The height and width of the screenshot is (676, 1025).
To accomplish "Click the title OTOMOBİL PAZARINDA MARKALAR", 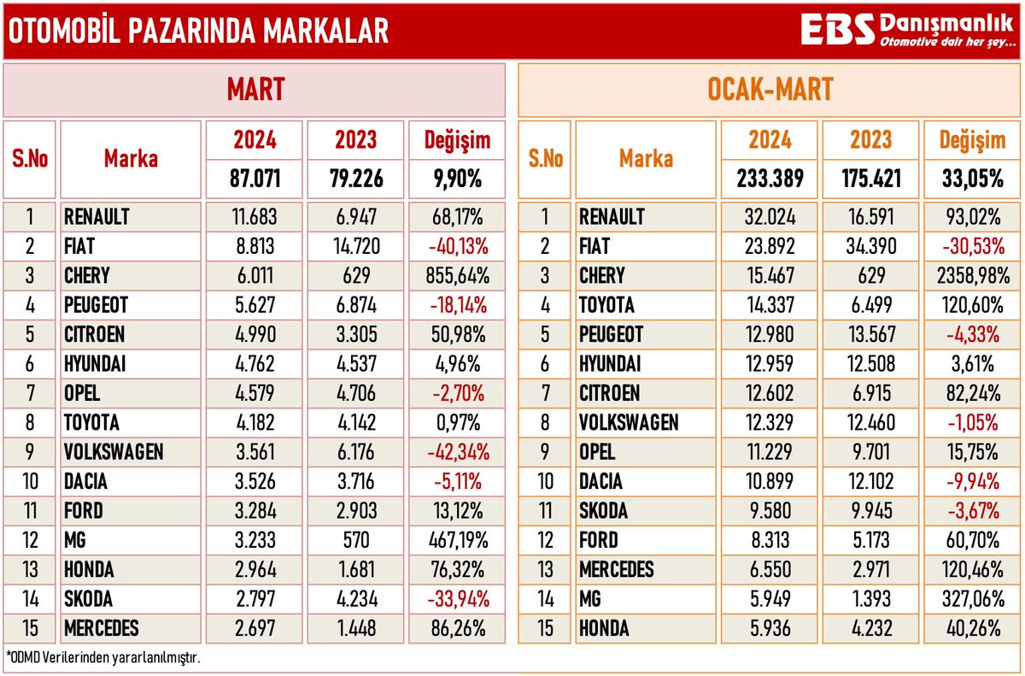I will [x=197, y=31].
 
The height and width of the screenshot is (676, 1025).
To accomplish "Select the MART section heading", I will [x=255, y=90].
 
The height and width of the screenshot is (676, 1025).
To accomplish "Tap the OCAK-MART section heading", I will [x=770, y=90].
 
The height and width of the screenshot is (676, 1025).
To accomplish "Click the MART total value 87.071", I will [x=254, y=179].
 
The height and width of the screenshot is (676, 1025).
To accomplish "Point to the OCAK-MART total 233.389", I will [x=770, y=179].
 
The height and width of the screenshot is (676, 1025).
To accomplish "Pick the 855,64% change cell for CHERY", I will [x=457, y=276].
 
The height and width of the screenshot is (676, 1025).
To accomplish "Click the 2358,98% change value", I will [x=971, y=276].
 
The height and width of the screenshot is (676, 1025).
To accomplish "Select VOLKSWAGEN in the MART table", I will [x=113, y=451].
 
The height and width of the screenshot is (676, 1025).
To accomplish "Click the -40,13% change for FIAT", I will [x=457, y=247].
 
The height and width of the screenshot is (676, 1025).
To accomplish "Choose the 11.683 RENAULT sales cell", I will [x=254, y=217].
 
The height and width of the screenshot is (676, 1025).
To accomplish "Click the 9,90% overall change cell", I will [x=457, y=179].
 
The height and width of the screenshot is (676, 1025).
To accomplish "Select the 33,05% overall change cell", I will [x=971, y=179].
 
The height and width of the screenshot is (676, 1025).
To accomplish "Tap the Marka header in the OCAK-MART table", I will [x=646, y=159].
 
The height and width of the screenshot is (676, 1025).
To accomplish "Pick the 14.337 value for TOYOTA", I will [x=770, y=305].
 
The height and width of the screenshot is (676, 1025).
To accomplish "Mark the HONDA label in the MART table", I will [x=90, y=569].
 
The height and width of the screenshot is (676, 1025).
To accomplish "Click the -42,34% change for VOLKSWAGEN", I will [x=457, y=451].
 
